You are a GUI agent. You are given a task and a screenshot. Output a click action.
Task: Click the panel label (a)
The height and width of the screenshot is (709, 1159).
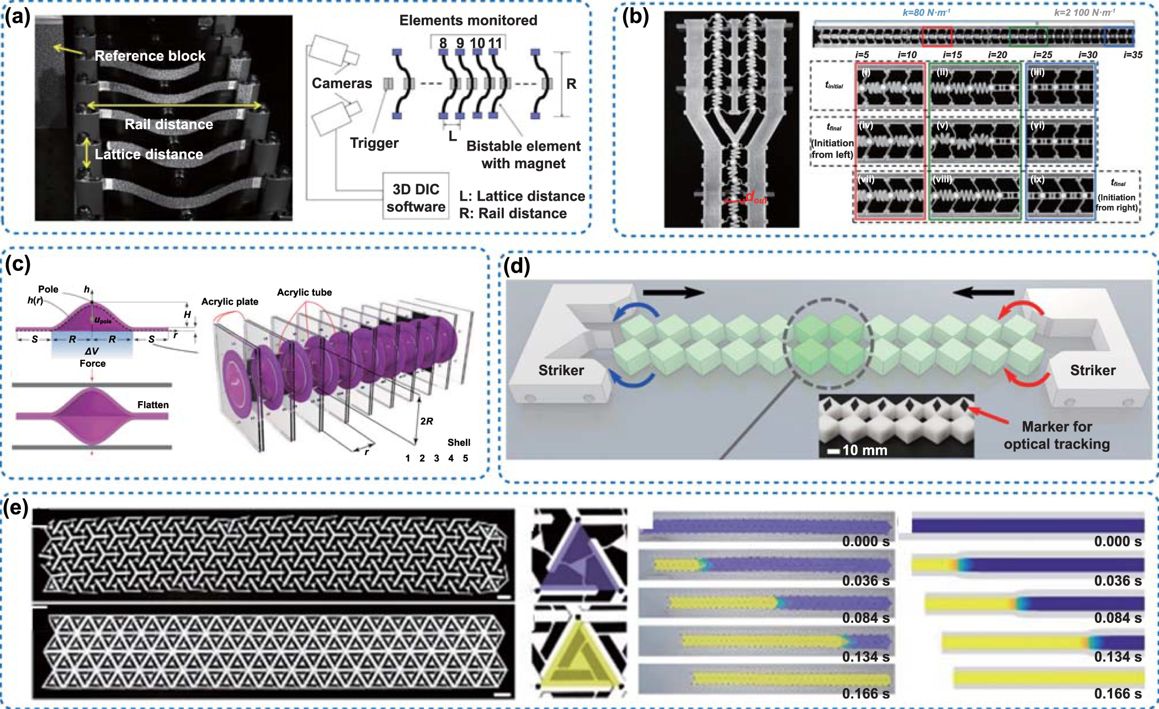[x=17, y=18]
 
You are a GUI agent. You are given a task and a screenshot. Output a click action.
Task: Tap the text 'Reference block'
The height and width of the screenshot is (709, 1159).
[x=150, y=56]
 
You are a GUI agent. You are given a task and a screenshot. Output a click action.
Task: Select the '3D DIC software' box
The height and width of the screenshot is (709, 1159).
[x=416, y=198]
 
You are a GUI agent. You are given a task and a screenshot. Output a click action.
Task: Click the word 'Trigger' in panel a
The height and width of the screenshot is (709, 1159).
[x=374, y=143]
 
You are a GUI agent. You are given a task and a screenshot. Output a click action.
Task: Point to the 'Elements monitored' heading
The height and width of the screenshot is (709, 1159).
[x=468, y=20]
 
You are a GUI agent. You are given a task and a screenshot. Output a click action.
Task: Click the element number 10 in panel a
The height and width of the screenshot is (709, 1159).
[x=477, y=43]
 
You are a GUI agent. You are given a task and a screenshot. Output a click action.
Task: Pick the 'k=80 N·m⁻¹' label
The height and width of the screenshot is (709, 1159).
[x=926, y=12]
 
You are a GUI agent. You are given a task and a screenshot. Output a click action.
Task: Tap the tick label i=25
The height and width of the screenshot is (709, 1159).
[x=1043, y=55]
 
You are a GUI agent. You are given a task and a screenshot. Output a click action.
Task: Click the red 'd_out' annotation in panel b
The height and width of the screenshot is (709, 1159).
[x=756, y=197]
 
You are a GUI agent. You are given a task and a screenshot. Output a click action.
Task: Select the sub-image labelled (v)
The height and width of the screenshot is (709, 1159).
[x=975, y=141]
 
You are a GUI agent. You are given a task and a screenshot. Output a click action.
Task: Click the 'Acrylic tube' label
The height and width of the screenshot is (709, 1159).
[x=304, y=292]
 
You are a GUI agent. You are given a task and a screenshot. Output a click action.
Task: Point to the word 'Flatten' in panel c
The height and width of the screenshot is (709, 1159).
[x=153, y=405]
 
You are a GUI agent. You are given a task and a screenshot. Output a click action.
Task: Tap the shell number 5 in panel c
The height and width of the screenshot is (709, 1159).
[x=465, y=459]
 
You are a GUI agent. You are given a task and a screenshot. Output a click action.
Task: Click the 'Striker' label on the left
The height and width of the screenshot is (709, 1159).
[x=561, y=370]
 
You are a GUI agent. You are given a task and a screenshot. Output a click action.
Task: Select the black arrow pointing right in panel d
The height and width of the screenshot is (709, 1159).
[x=673, y=292]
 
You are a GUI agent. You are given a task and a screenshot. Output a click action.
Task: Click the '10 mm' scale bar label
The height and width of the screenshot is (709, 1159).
[x=864, y=450]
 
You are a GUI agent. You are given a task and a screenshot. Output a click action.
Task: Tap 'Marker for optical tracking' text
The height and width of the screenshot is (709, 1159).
[x=1056, y=435]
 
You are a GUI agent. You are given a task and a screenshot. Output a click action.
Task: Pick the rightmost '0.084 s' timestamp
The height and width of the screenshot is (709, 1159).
[x=1118, y=618]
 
